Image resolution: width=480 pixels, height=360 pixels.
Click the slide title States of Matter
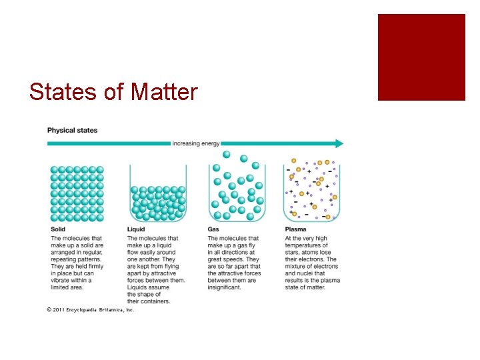[113, 91]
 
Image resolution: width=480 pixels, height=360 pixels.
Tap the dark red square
[421, 57]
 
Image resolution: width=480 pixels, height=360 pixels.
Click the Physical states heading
[72, 130]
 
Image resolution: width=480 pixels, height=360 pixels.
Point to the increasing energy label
[195, 143]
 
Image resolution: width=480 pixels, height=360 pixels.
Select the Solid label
[59, 230]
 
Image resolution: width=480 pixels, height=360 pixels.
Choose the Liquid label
[136, 230]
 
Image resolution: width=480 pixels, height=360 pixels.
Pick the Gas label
[213, 230]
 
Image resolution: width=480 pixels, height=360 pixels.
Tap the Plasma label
[294, 230]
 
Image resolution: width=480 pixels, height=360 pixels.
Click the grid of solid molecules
[77, 193]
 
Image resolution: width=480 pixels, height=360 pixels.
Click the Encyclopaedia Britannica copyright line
[91, 310]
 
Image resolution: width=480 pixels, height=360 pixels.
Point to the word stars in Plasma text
[293, 253]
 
